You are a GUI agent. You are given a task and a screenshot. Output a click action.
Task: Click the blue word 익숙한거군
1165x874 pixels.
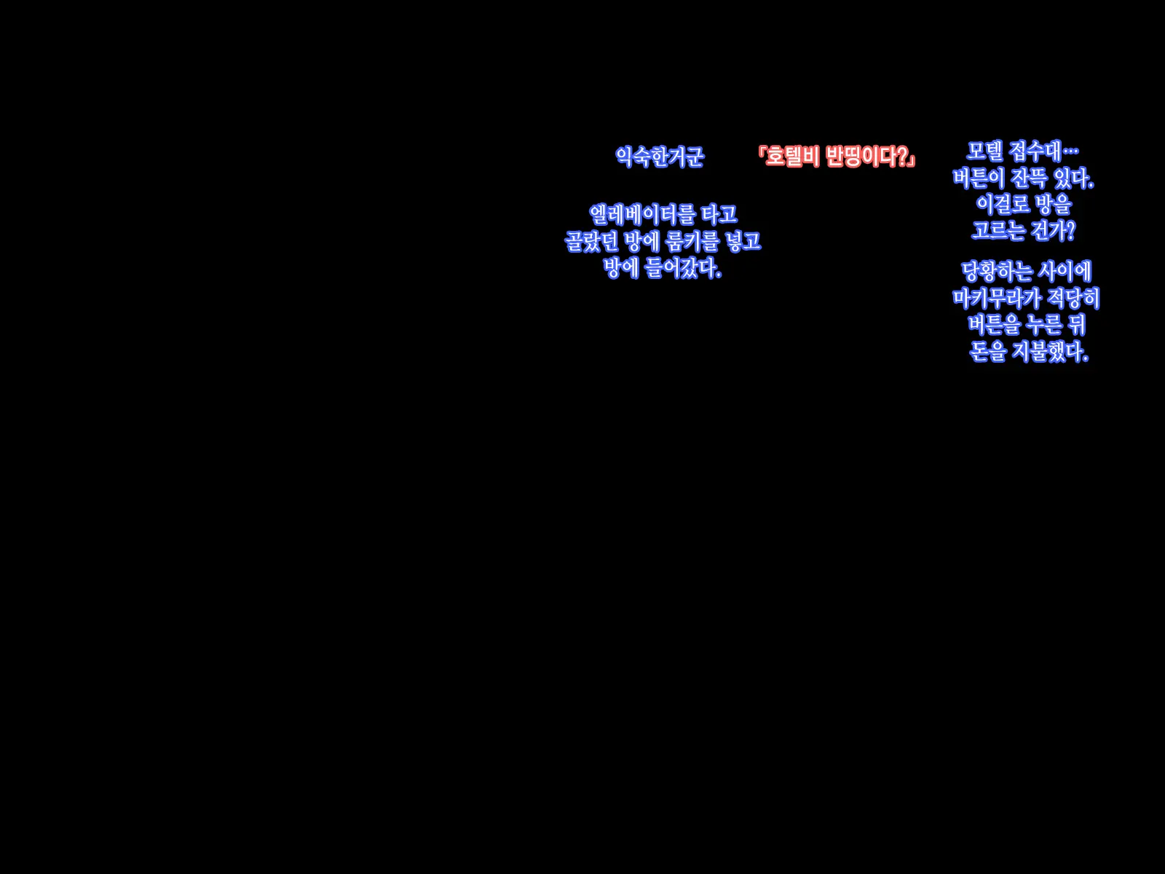click(x=660, y=157)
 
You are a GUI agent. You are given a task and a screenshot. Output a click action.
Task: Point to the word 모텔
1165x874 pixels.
click(x=985, y=151)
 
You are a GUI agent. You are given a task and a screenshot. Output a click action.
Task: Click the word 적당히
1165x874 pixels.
click(x=1073, y=298)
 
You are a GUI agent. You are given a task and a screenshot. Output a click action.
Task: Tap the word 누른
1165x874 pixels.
click(x=1044, y=325)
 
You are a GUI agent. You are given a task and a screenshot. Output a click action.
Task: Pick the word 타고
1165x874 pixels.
click(x=719, y=215)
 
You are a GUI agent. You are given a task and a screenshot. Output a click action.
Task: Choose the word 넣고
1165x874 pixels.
click(x=743, y=242)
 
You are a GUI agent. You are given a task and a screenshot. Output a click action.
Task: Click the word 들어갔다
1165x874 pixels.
click(x=682, y=268)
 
